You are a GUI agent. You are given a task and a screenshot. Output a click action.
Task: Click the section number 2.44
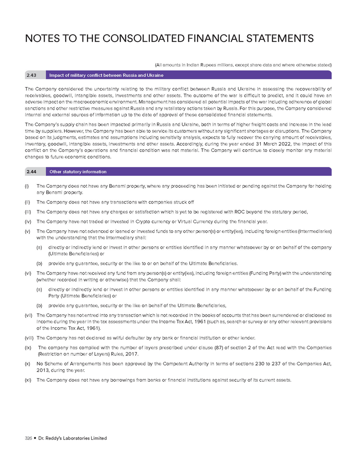point(31,172)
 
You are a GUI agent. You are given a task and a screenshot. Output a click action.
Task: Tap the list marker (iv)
point(28,221)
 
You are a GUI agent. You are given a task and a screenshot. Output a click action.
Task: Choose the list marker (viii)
point(29,337)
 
